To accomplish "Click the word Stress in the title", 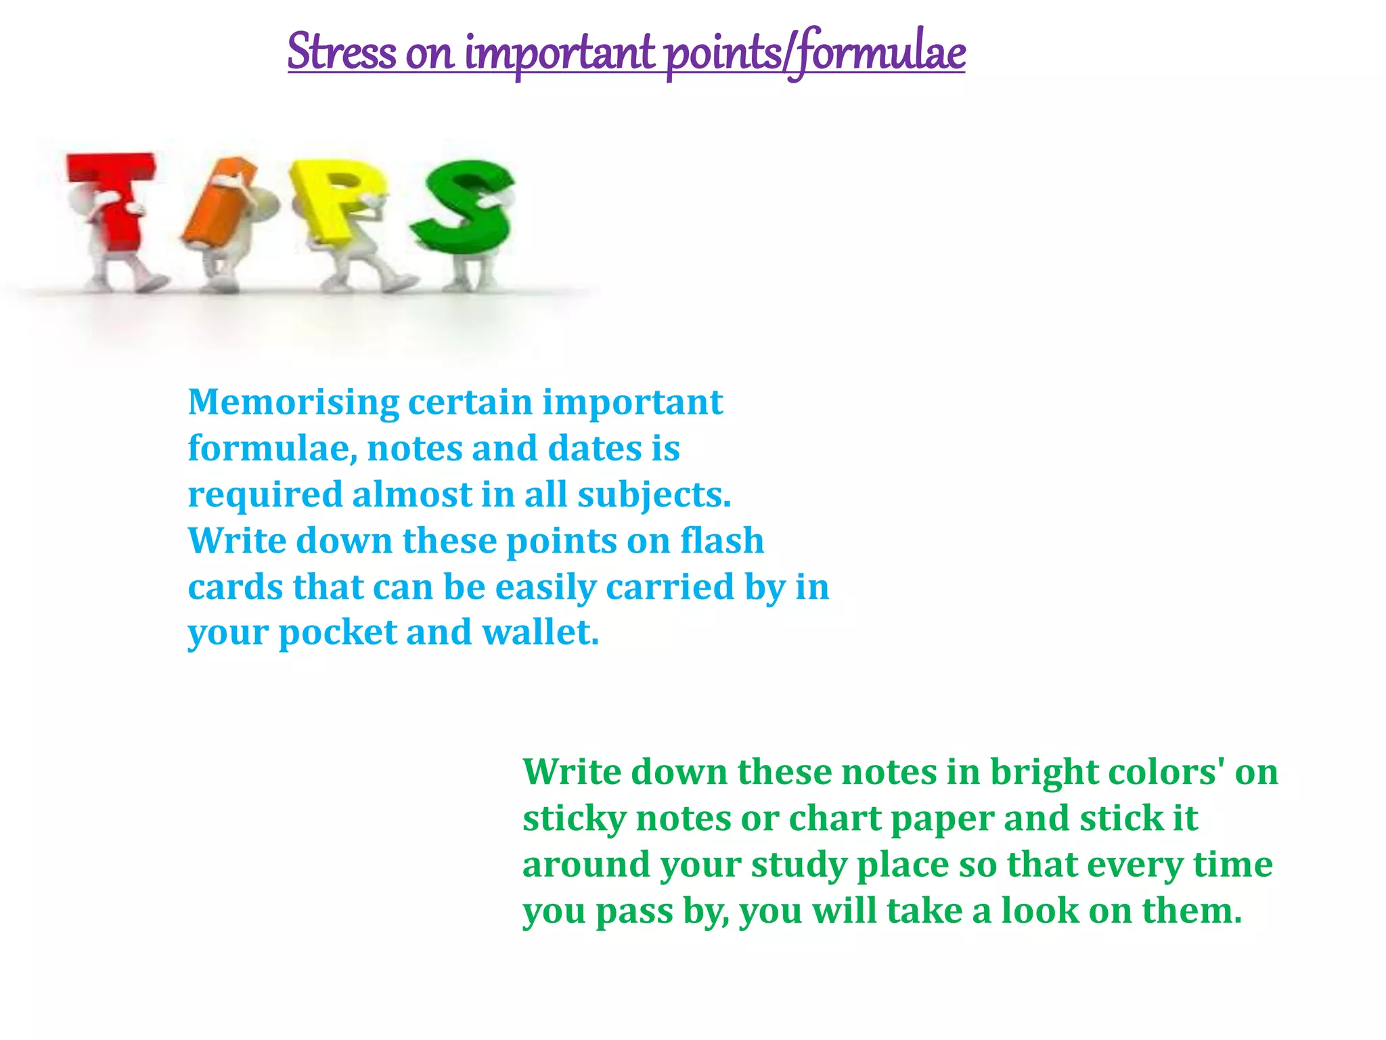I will pyautogui.click(x=342, y=52).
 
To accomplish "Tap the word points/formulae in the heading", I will pyautogui.click(x=815, y=52).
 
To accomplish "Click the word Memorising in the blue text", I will pyautogui.click(x=294, y=403).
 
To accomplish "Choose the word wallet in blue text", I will pyautogui.click(x=540, y=633).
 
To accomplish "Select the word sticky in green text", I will pyautogui.click(x=575, y=819).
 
